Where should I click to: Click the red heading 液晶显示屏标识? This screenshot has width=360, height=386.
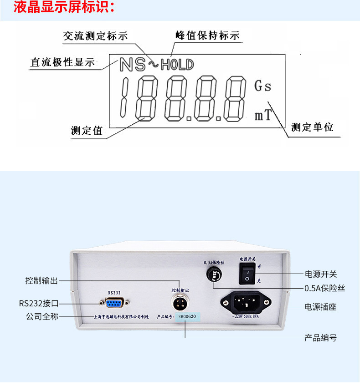pyautogui.click(x=63, y=8)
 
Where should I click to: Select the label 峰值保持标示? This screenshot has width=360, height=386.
pyautogui.click(x=207, y=36)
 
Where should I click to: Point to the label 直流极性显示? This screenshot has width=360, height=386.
pyautogui.click(x=63, y=62)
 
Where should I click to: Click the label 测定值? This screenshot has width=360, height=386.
pyautogui.click(x=87, y=131)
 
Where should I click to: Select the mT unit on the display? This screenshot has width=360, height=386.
pyautogui.click(x=262, y=116)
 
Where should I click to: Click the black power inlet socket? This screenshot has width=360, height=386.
pyautogui.click(x=246, y=302)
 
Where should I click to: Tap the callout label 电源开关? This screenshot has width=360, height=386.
pyautogui.click(x=320, y=274)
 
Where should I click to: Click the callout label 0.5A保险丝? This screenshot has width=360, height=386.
pyautogui.click(x=325, y=288)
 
